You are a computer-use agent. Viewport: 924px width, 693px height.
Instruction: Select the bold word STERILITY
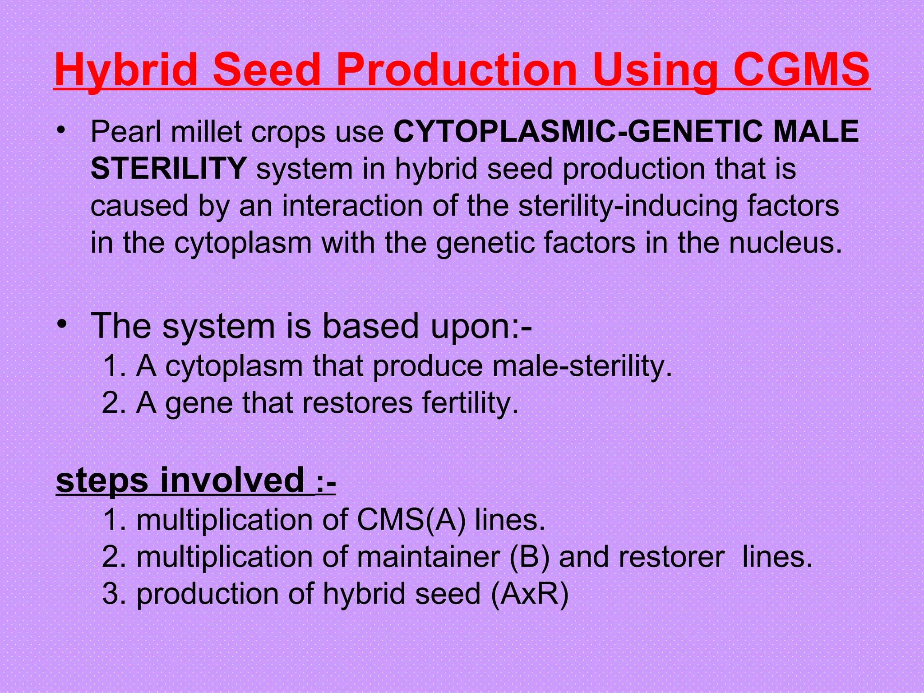168,169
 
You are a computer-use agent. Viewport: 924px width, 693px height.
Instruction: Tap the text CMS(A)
411,520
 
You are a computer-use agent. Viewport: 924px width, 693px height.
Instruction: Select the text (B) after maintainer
529,557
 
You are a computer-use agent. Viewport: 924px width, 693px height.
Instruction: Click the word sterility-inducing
627,206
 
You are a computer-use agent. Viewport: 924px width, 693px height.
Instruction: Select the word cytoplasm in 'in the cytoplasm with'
243,243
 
